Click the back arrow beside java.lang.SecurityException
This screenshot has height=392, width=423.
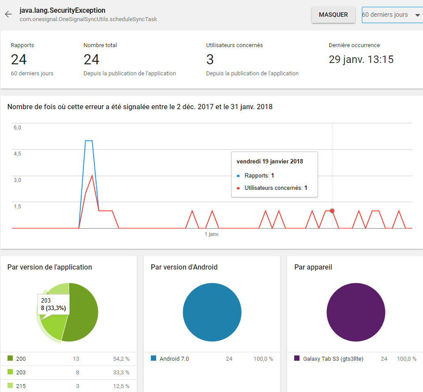tap(8, 15)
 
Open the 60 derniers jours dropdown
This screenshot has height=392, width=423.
tap(391, 15)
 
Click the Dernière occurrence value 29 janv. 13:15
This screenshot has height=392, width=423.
tap(361, 59)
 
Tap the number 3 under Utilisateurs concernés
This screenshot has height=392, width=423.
tap(210, 59)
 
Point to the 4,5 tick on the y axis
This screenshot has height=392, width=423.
tap(17, 154)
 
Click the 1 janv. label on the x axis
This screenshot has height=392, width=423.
tap(212, 234)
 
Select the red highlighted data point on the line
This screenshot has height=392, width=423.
tap(332, 211)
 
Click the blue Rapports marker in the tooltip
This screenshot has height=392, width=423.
tap(239, 176)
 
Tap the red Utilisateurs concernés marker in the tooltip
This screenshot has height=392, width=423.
tap(239, 188)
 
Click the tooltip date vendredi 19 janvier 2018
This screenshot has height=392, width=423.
tap(270, 162)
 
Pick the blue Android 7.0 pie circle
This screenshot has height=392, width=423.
tap(212, 312)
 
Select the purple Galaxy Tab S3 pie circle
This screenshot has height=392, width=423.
tap(356, 312)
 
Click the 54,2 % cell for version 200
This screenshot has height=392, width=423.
tap(121, 359)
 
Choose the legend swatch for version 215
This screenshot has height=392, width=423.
tap(10, 386)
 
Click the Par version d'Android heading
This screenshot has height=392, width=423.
tap(184, 267)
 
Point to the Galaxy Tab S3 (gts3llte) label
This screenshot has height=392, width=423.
tap(333, 359)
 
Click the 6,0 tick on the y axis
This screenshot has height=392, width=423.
tap(17, 128)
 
